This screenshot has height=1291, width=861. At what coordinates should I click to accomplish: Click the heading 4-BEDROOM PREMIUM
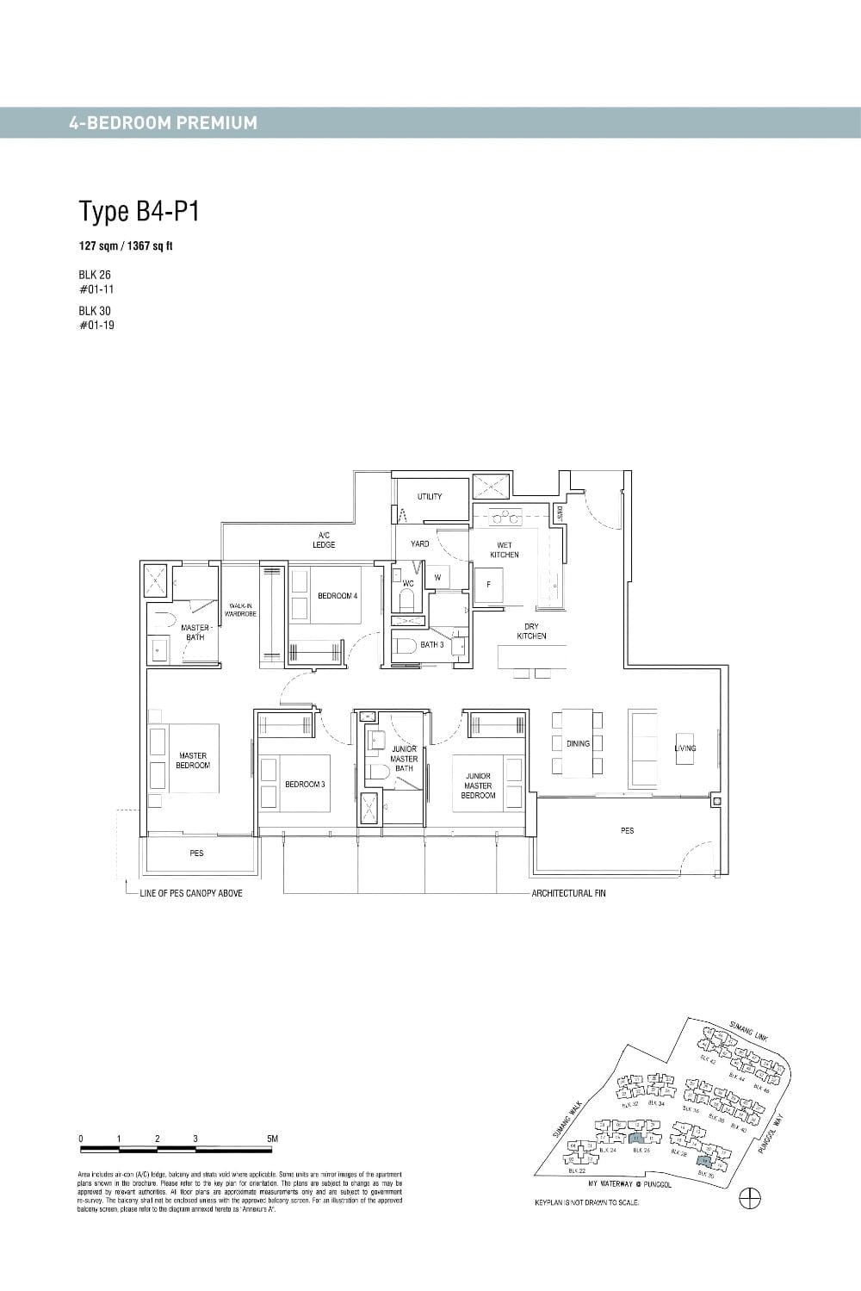163,123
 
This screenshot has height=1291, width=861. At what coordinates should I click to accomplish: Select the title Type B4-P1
139,211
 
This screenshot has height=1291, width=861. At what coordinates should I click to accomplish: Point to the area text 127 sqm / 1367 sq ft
126,246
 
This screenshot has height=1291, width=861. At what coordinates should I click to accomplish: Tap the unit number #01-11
96,289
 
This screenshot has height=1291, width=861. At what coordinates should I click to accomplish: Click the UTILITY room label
430,496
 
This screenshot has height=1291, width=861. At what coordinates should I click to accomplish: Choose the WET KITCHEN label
505,550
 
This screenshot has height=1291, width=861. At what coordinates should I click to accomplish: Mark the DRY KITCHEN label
531,631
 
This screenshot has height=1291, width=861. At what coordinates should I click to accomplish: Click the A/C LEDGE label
324,540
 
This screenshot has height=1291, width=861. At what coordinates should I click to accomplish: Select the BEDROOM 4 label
338,596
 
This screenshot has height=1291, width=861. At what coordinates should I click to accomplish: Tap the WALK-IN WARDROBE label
240,610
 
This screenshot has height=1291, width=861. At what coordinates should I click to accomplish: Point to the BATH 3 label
431,644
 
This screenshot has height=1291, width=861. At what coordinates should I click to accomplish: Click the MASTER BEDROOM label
193,760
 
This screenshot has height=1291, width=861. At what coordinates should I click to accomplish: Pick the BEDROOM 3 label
305,784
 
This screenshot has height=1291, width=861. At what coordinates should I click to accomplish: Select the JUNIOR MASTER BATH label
404,758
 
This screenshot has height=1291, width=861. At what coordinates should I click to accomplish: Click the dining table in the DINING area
577,742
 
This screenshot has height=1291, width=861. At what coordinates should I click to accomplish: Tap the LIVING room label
685,748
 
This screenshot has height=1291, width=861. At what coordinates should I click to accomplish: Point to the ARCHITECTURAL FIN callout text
568,893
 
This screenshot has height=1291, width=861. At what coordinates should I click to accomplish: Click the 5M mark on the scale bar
273,1139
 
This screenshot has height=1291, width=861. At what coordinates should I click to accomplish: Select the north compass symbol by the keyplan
750,1197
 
